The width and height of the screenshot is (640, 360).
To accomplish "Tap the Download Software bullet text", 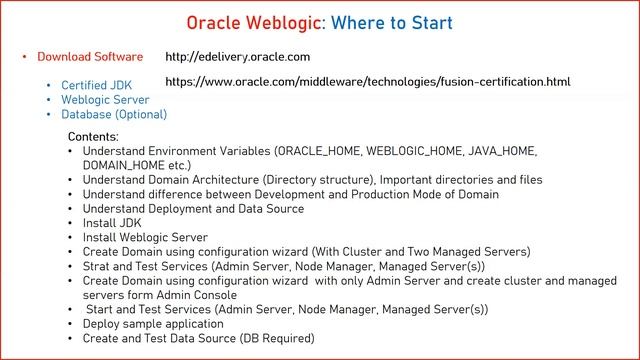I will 90,57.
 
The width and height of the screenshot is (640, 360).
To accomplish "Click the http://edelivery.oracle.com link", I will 237,57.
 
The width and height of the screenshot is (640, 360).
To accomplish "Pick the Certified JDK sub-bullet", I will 96,86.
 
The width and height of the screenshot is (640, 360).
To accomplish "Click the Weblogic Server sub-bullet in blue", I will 105,100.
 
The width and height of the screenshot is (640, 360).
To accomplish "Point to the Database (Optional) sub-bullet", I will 114,115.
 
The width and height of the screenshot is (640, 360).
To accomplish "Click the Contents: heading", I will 93,136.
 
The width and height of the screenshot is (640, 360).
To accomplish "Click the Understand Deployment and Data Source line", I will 196,209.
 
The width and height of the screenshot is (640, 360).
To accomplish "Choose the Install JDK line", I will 112,223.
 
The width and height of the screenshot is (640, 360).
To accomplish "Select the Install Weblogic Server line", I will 145,238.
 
